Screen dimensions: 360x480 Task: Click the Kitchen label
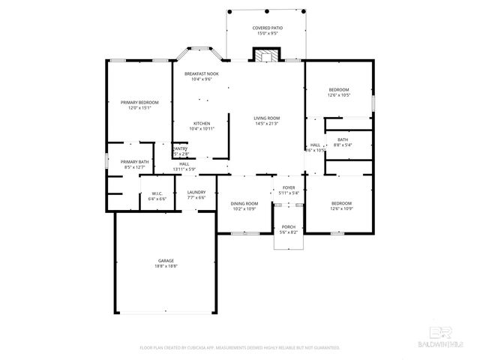[x=201, y=124]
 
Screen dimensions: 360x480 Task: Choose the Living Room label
[x=266, y=118]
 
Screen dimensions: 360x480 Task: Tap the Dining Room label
[x=244, y=203]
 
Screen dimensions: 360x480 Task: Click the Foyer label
[x=289, y=187]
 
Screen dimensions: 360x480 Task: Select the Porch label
[x=289, y=226]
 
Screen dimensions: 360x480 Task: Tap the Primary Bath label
[x=135, y=162]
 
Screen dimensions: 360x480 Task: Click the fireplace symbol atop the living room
[x=265, y=55]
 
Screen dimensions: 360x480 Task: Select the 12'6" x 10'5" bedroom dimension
[x=338, y=95]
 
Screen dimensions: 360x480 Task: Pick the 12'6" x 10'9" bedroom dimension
[x=341, y=208]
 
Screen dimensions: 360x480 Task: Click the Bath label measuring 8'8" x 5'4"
[x=342, y=139]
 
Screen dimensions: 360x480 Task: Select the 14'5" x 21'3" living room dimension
[x=266, y=123]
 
